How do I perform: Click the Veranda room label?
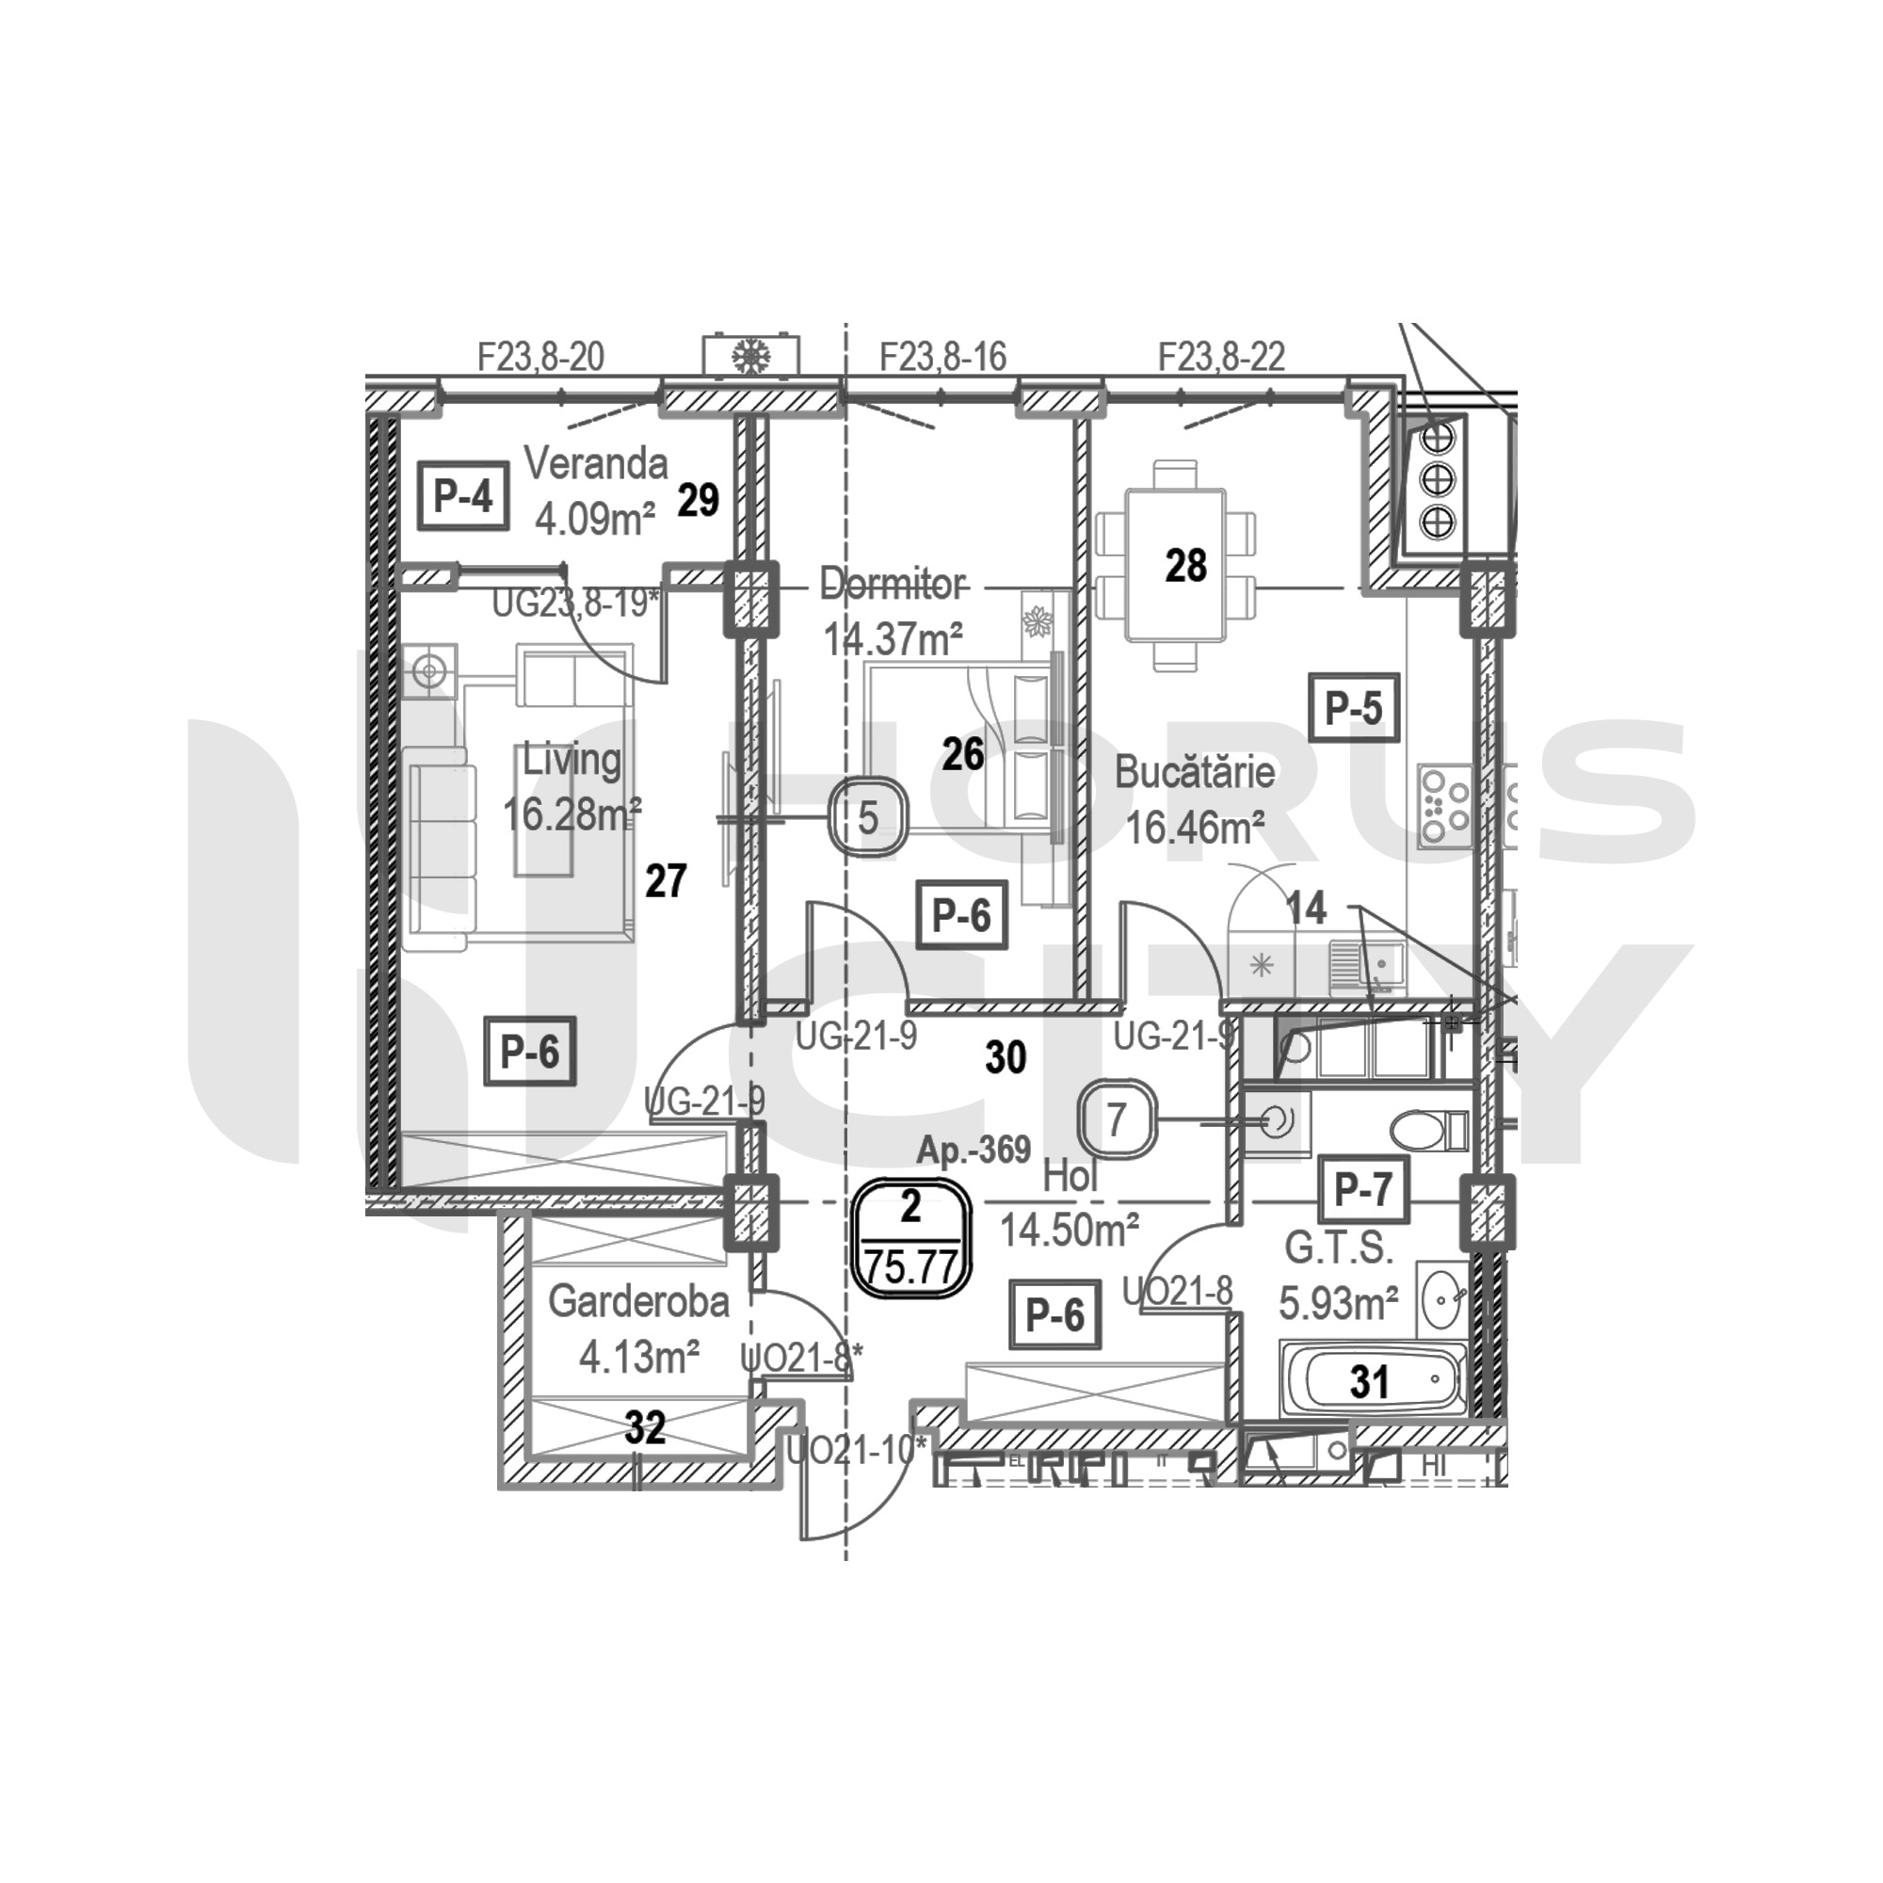pos(596,464)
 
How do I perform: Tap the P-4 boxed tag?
pos(463,497)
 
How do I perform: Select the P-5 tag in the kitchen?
pos(1354,709)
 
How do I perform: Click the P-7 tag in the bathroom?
pos(1362,1189)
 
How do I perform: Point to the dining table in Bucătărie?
pos(1173,565)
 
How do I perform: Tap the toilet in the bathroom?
pos(1427,1131)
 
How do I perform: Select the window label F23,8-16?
pos(942,358)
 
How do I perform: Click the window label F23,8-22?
pos(1221,358)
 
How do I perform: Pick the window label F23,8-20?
pos(541,358)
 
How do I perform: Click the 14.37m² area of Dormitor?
pos(893,639)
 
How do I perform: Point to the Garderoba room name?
pos(638,1302)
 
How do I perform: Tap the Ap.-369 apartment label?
pos(973,1151)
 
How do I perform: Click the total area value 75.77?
pos(912,1268)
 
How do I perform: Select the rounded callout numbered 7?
pos(1117,1119)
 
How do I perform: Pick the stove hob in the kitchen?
pos(1443,806)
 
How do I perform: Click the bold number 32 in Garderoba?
pos(645,1428)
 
